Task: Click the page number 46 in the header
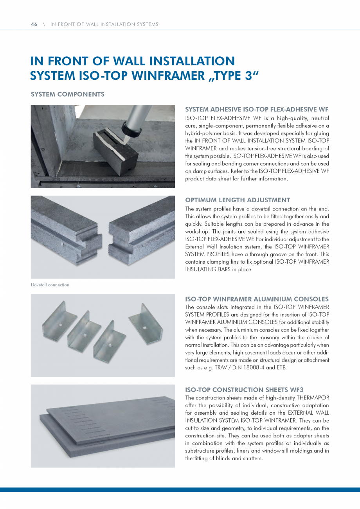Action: click(x=34, y=24)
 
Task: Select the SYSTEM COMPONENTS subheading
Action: click(x=67, y=94)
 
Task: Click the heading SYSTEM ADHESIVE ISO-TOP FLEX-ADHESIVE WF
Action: click(x=257, y=110)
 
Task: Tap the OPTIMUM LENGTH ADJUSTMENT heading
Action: click(x=238, y=200)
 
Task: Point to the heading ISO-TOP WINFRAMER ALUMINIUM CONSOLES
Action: click(x=257, y=299)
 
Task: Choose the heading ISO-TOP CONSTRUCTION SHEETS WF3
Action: click(x=244, y=390)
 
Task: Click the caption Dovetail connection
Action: click(x=50, y=285)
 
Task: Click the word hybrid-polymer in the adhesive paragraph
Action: click(x=200, y=133)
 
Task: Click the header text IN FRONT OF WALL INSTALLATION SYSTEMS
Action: click(x=104, y=24)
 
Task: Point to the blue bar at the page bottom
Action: click(x=180, y=489)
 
